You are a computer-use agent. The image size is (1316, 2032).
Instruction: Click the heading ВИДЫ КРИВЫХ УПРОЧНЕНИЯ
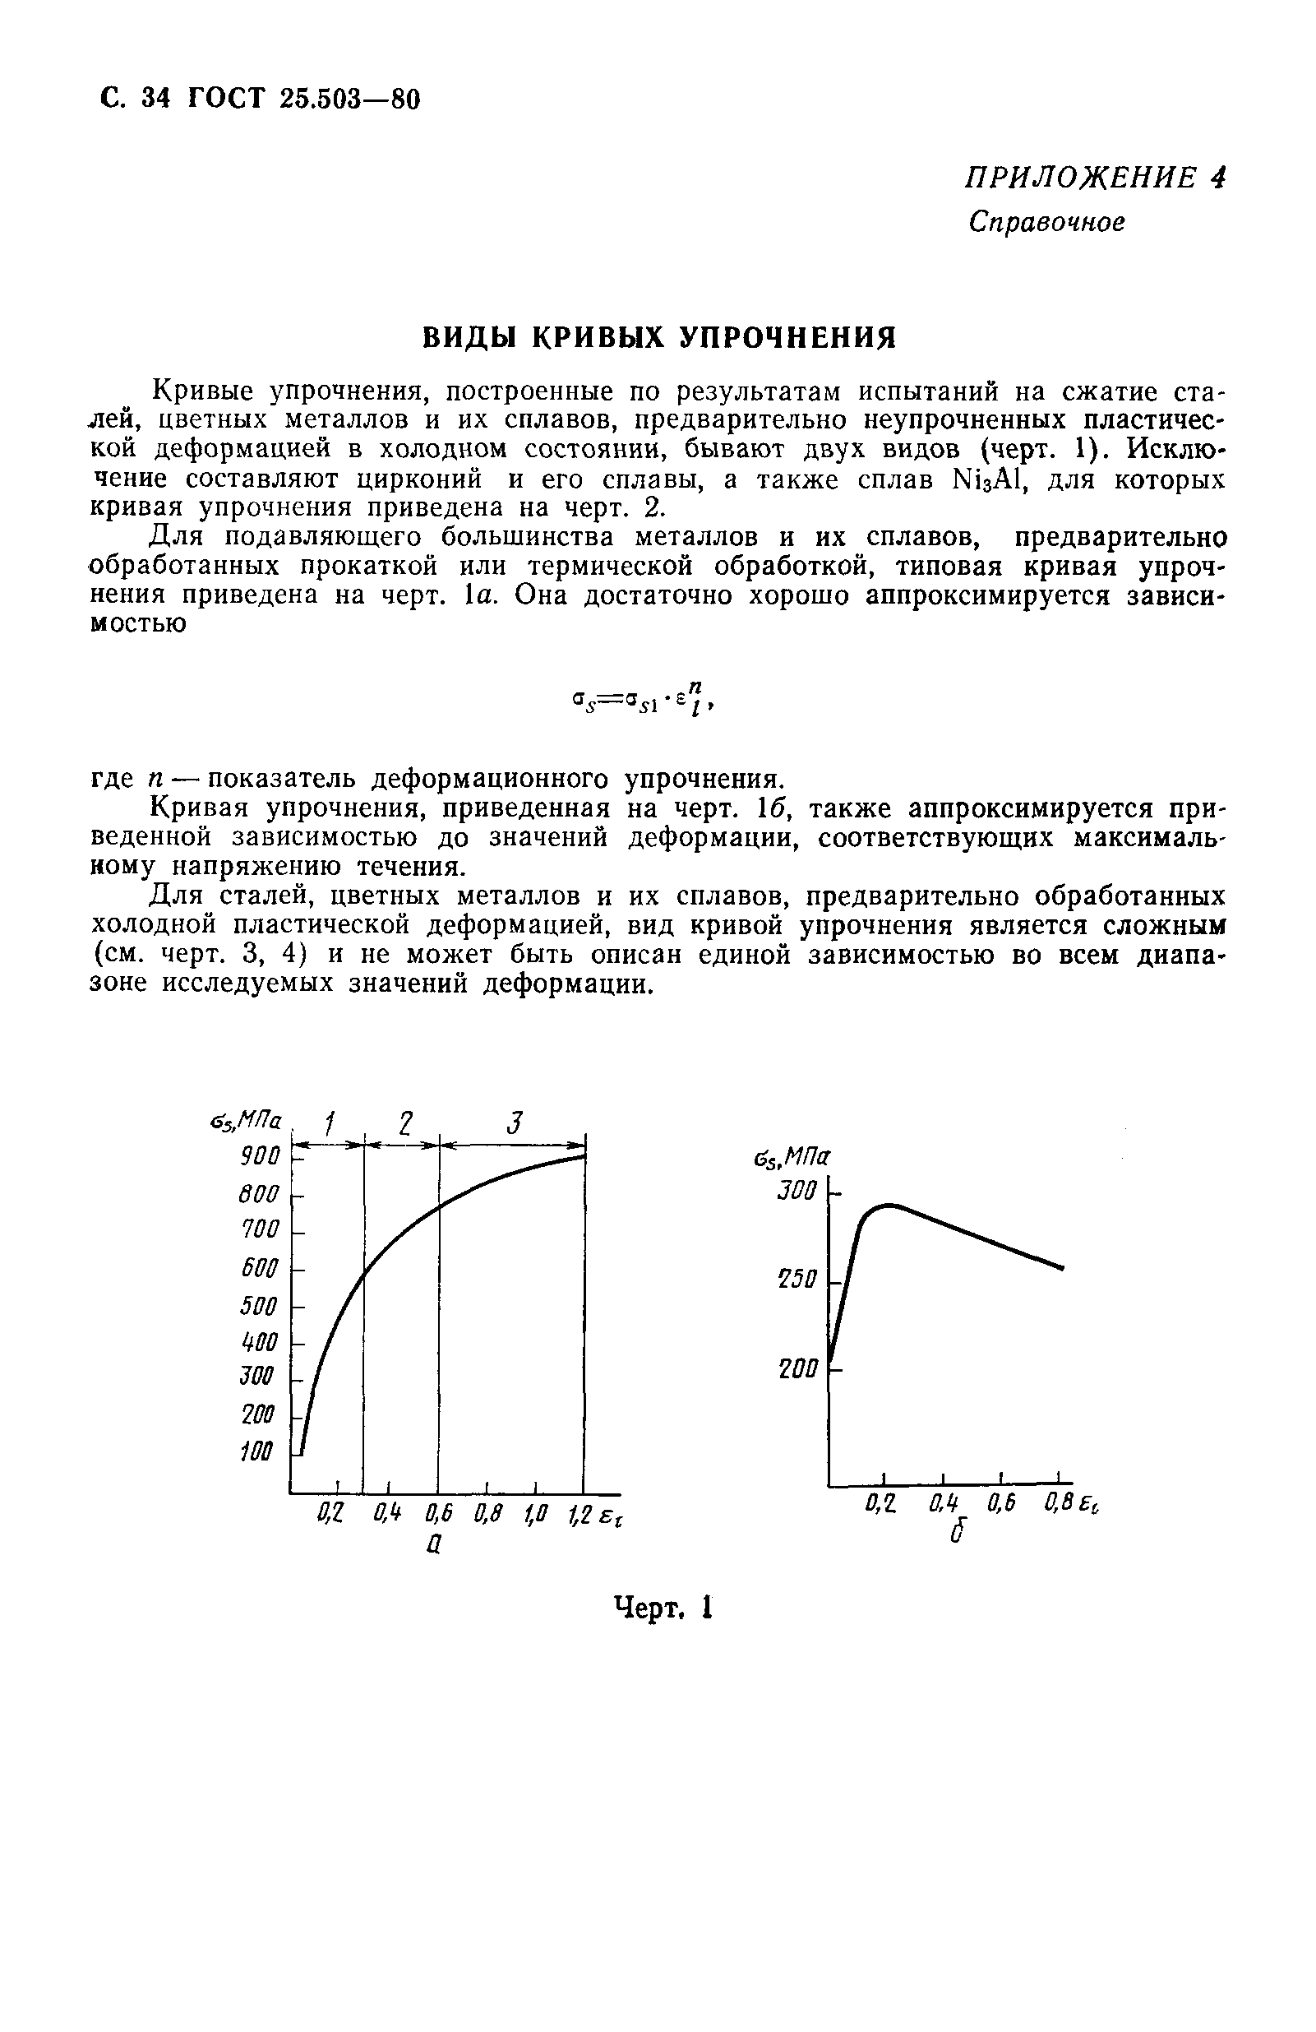click(659, 338)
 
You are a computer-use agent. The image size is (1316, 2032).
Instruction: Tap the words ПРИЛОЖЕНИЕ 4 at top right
click(1095, 178)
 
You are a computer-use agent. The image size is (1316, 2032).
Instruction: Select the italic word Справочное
click(1046, 223)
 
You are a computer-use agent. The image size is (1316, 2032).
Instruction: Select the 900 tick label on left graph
click(260, 1157)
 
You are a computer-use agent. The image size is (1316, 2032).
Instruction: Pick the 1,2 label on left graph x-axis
click(580, 1515)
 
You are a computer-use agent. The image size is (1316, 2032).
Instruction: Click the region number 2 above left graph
click(404, 1121)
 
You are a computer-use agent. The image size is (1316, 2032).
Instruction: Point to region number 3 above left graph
click(512, 1121)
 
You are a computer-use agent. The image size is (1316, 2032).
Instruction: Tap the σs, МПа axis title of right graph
click(793, 1157)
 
